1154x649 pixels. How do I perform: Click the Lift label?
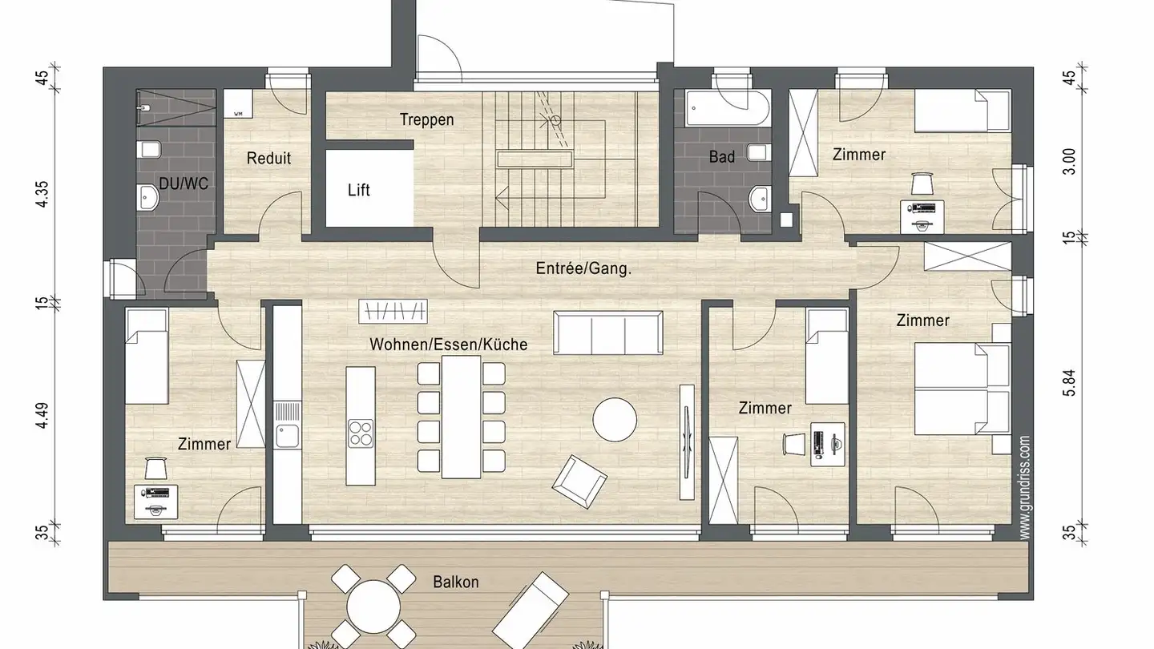pos(358,190)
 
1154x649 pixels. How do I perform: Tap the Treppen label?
pos(427,120)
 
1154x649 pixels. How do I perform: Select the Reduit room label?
pos(268,158)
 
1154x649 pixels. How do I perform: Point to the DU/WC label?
pos(184,183)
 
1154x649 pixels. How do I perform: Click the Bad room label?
pos(722,156)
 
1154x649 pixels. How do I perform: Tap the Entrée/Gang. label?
pos(583,268)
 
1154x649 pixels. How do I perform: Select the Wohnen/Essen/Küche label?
pos(448,344)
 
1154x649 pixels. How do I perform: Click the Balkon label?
pos(456,582)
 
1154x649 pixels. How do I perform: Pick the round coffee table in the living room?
pos(615,419)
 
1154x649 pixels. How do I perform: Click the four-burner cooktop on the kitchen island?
pos(361,433)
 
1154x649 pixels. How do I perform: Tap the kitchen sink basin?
pos(287,436)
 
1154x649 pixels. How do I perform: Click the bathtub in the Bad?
pos(728,107)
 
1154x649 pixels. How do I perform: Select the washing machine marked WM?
pos(238,104)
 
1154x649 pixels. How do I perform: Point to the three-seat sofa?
pos(608,333)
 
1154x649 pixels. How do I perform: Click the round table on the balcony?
pos(373,606)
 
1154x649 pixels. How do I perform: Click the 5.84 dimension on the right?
pos(1069,383)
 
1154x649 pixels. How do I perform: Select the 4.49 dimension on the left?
pos(42,415)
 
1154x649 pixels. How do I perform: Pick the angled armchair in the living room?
pos(579,482)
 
